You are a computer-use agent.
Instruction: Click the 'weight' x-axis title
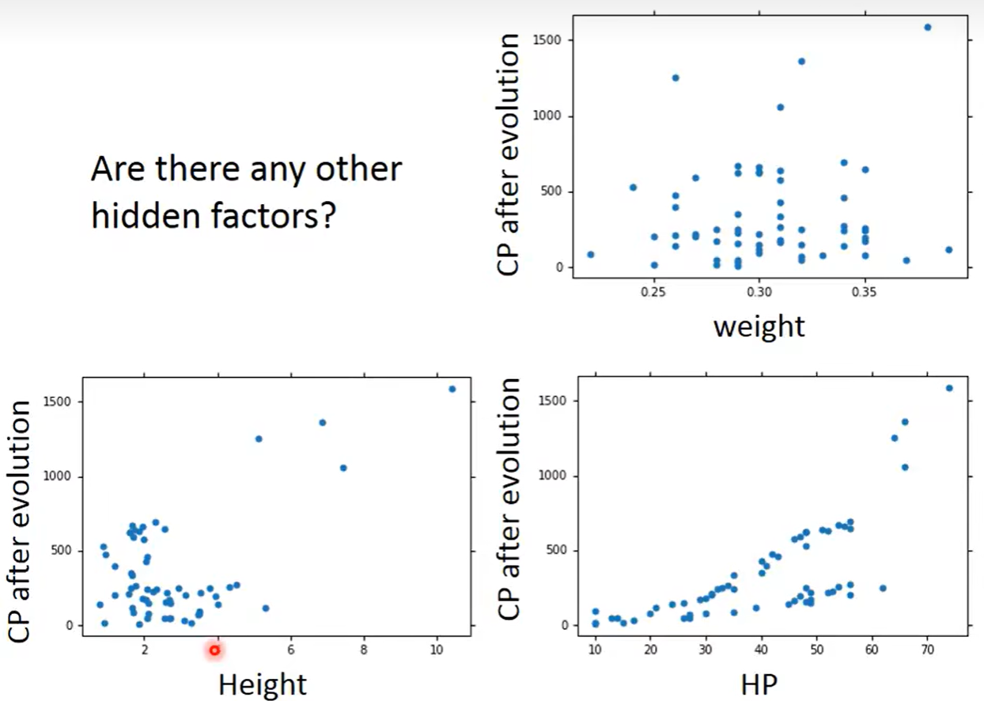[x=759, y=325]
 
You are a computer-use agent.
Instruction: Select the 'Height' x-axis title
[x=263, y=684]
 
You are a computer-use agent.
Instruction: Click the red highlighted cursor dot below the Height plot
[x=214, y=650]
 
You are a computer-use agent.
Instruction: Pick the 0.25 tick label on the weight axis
[x=653, y=292]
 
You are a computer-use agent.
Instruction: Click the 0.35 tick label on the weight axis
[x=865, y=292]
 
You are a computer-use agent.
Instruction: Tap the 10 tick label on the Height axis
[x=437, y=650]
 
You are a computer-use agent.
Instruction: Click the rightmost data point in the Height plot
[x=452, y=389]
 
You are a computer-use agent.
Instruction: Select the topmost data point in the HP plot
[x=949, y=388]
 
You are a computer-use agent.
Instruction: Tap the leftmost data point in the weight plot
[x=590, y=255]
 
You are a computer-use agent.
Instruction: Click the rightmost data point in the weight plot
[x=949, y=250]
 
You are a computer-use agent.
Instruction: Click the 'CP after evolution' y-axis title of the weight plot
[x=510, y=154]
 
